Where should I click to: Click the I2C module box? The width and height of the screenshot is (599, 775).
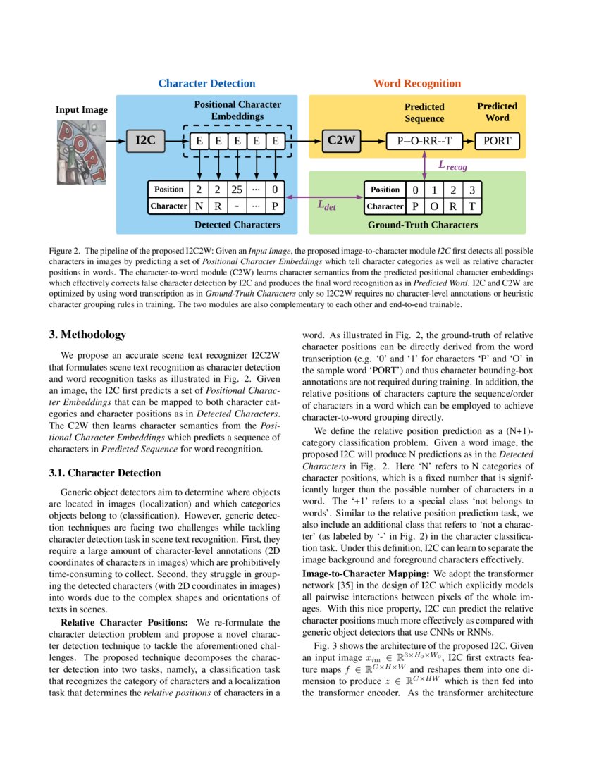point(145,141)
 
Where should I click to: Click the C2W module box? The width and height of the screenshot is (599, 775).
point(340,141)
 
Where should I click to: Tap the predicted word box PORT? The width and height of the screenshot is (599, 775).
point(497,141)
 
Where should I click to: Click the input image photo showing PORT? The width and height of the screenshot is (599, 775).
point(82,152)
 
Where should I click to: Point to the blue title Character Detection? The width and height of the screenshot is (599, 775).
point(206,83)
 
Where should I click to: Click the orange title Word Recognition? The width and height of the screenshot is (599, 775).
point(416,83)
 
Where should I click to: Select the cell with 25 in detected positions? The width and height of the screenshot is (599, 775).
point(237,190)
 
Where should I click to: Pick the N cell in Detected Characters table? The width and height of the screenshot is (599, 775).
point(199,206)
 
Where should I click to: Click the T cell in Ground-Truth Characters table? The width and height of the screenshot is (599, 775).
point(472,206)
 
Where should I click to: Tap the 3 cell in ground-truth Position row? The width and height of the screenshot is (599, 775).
point(472,190)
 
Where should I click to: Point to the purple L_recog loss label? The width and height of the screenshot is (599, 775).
point(452,166)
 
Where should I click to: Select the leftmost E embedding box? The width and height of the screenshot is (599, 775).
point(199,141)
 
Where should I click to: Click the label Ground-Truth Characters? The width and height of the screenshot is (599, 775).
point(423,225)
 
